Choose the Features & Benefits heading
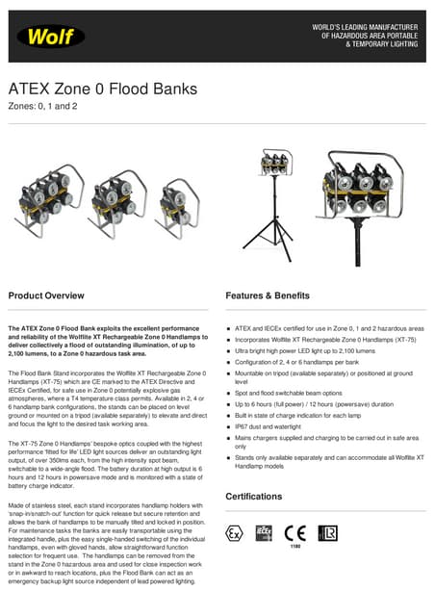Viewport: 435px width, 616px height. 268,295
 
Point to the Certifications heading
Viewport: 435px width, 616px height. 253,496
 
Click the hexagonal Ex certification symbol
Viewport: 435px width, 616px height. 233,532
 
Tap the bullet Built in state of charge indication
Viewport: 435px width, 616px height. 309,415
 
